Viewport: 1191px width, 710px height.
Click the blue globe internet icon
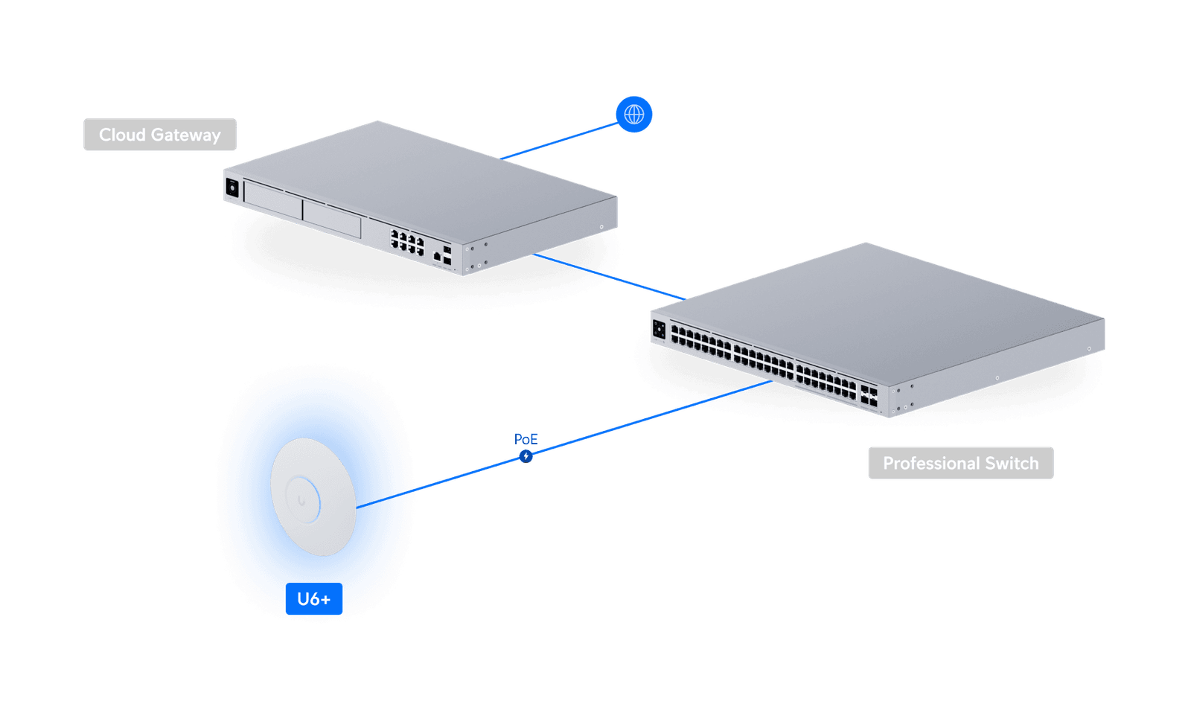[x=634, y=115]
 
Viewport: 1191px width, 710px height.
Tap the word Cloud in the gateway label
[x=123, y=135]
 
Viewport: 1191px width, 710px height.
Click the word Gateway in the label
[x=186, y=135]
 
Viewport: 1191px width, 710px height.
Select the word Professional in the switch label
[x=930, y=464]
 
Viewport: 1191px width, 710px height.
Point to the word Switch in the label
[x=1012, y=464]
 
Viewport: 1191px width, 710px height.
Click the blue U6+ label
[x=313, y=599]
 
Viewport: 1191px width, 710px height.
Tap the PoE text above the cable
[x=526, y=438]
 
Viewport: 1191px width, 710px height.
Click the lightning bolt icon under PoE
[x=526, y=455]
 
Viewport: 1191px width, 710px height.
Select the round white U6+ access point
[x=313, y=496]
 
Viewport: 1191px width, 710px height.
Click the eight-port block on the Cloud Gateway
[x=407, y=242]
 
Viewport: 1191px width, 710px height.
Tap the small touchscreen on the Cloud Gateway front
[x=232, y=188]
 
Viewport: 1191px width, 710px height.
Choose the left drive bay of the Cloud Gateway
[x=272, y=199]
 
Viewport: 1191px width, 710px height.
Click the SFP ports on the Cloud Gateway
[x=446, y=255]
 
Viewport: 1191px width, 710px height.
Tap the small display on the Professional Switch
[x=659, y=329]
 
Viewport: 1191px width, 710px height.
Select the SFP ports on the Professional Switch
[x=869, y=394]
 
